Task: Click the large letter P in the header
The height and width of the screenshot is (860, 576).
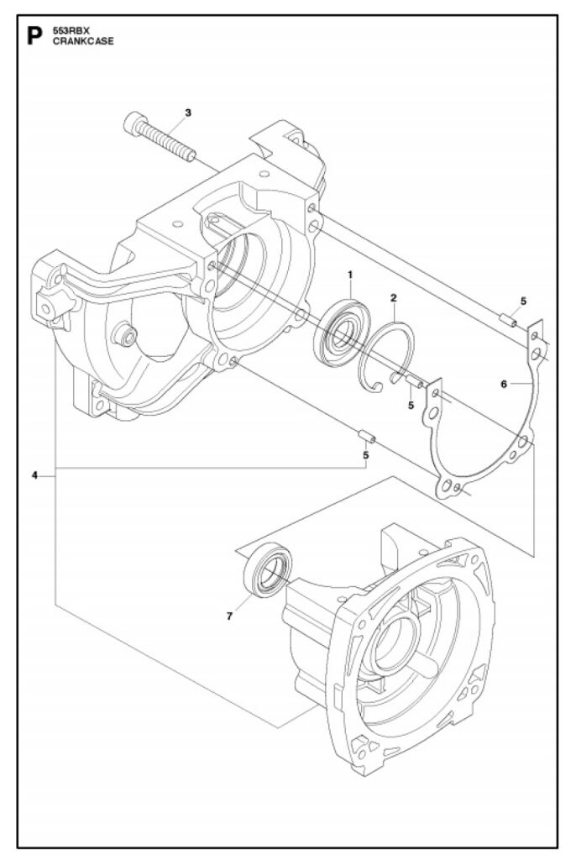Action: pyautogui.click(x=34, y=36)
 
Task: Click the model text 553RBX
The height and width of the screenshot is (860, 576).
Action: pyautogui.click(x=68, y=31)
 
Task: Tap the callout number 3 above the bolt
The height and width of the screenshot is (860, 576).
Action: pyautogui.click(x=187, y=112)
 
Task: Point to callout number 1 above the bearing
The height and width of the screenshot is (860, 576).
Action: pyautogui.click(x=350, y=274)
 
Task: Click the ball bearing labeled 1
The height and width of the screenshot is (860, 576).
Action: pyautogui.click(x=342, y=331)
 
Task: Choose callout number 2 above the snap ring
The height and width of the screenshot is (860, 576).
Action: pyautogui.click(x=393, y=297)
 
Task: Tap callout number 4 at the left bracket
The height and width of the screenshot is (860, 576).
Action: pyautogui.click(x=35, y=475)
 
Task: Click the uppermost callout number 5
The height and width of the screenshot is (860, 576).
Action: pyautogui.click(x=522, y=301)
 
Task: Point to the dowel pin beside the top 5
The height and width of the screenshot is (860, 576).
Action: pyautogui.click(x=506, y=318)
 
